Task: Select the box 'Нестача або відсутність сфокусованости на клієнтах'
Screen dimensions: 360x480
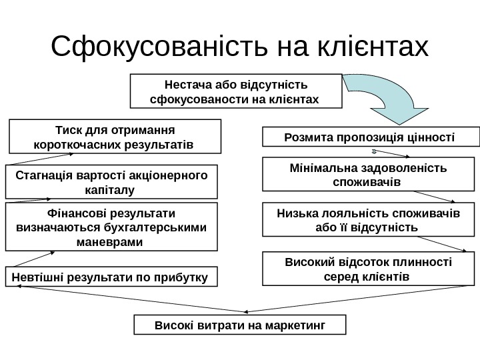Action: click(x=235, y=91)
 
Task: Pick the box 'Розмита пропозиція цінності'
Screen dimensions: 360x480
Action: click(x=371, y=137)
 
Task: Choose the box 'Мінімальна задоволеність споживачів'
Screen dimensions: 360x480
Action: click(x=371, y=174)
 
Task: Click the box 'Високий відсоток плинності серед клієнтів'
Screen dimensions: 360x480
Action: click(x=371, y=268)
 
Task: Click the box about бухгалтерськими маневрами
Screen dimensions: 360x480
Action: click(x=111, y=227)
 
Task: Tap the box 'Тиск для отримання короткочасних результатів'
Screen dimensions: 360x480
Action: click(x=114, y=136)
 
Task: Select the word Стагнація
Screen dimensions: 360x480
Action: click(x=45, y=175)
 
